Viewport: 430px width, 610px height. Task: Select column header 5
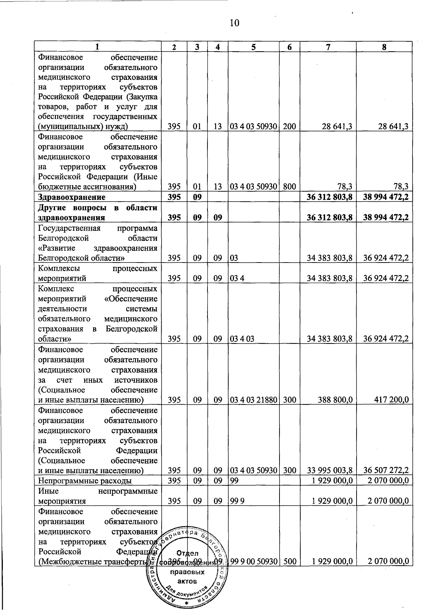pyautogui.click(x=253, y=47)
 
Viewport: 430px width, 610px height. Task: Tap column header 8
pyautogui.click(x=384, y=47)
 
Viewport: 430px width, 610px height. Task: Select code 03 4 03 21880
pyautogui.click(x=253, y=400)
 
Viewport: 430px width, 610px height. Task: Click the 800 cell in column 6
pyautogui.click(x=289, y=187)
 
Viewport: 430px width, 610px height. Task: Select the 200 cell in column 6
pyautogui.click(x=289, y=126)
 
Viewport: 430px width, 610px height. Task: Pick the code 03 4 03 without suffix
pyautogui.click(x=242, y=339)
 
